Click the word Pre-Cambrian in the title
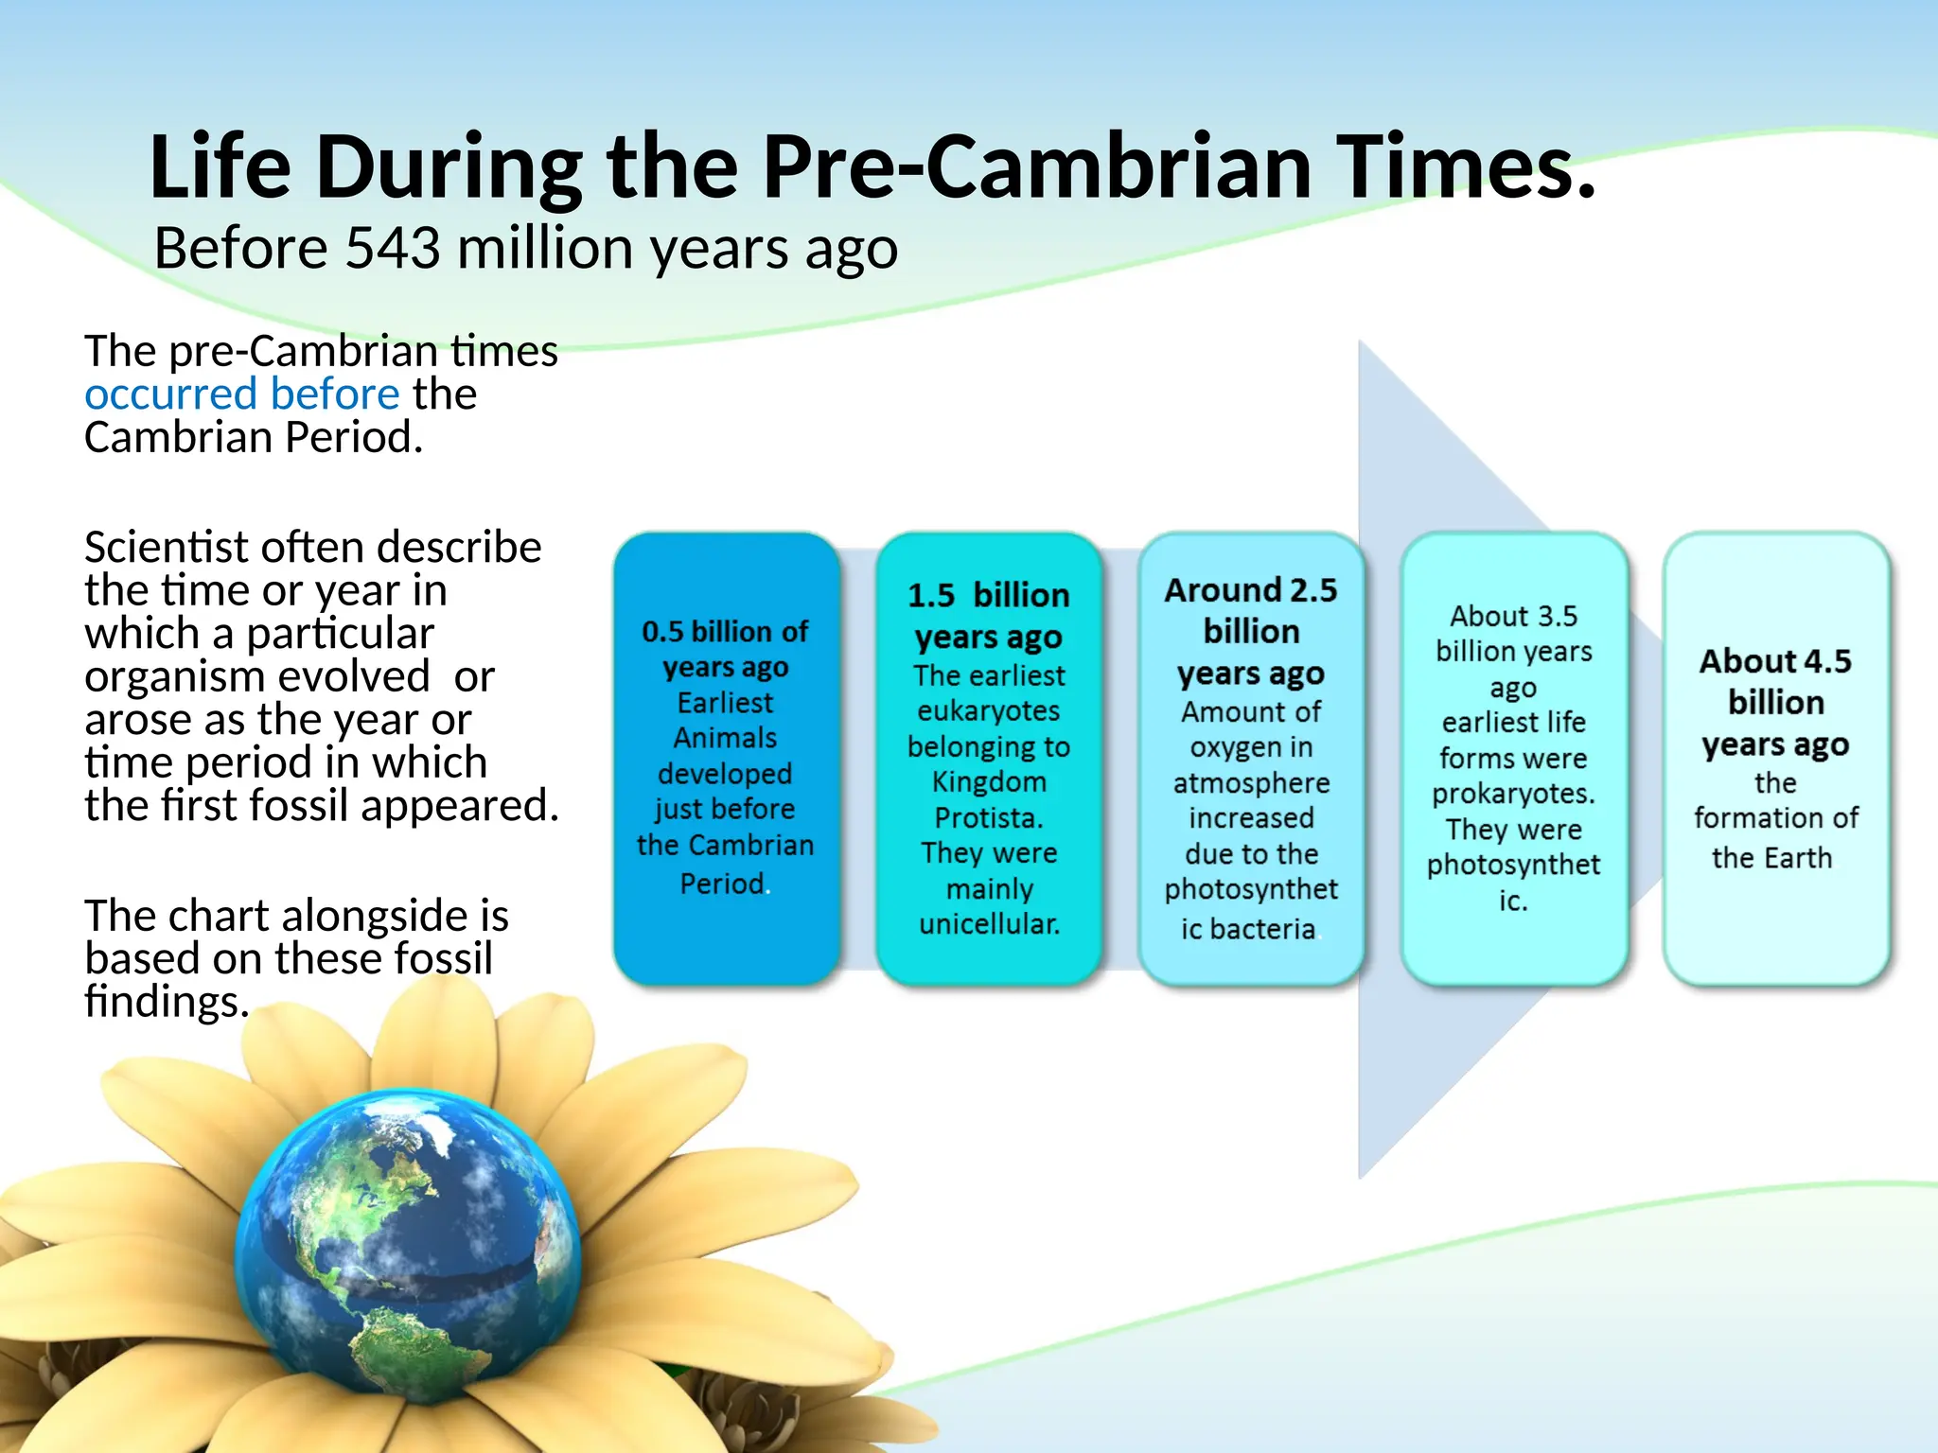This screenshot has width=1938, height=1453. pyautogui.click(x=1036, y=168)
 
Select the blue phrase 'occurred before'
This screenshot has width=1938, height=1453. pyautogui.click(x=242, y=394)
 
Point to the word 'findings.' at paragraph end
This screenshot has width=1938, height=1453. pyautogui.click(x=167, y=1002)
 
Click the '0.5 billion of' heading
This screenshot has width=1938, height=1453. pyautogui.click(x=725, y=632)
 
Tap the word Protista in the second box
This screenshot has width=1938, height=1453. pyautogui.click(x=988, y=817)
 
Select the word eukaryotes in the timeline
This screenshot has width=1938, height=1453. pyautogui.click(x=988, y=711)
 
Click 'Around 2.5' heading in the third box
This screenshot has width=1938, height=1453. pyautogui.click(x=1250, y=590)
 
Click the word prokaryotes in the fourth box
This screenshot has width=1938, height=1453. pyautogui.click(x=1512, y=794)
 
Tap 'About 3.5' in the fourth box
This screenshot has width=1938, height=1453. pyautogui.click(x=1513, y=617)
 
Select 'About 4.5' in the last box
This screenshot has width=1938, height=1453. pyautogui.click(x=1774, y=661)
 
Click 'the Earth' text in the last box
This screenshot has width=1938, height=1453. pyautogui.click(x=1771, y=858)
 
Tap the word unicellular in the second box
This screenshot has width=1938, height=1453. pyautogui.click(x=989, y=924)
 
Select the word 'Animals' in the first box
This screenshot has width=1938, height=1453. pyautogui.click(x=725, y=738)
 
